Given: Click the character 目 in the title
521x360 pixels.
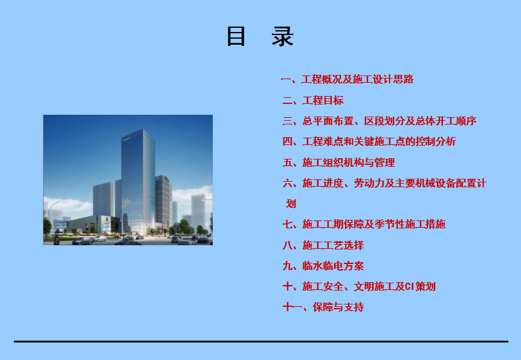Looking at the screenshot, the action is (236, 36).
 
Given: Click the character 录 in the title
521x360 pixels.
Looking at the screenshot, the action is (282, 36).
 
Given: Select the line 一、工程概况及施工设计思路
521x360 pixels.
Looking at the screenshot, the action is (347, 79).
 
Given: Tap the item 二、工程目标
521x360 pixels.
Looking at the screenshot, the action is (313, 100).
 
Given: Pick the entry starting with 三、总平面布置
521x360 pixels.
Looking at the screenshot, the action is (380, 121).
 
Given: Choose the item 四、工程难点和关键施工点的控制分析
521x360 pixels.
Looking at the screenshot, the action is (369, 141).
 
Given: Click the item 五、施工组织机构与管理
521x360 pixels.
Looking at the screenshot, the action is (338, 162).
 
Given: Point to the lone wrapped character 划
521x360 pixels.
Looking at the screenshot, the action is (291, 204).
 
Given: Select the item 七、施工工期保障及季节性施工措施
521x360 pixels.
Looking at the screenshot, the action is (364, 224).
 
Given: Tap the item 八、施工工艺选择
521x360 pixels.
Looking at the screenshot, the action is (323, 245).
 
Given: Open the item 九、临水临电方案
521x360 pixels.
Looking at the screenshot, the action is (323, 266).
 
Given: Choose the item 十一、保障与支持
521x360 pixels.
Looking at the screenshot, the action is (323, 307).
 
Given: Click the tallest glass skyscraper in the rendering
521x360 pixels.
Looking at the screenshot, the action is (138, 181).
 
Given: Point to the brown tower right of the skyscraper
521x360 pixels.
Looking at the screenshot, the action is (163, 202).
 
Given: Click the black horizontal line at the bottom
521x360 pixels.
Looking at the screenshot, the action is (261, 341).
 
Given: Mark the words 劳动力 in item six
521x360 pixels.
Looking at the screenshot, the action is (369, 183).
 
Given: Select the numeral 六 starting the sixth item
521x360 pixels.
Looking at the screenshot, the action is (288, 183).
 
